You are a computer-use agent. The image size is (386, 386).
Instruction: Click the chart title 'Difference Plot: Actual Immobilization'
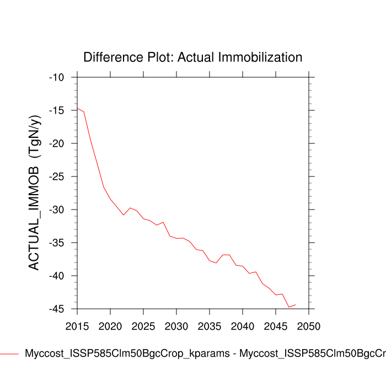point(192,57)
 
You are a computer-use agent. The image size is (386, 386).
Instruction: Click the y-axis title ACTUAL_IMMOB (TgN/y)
point(34,193)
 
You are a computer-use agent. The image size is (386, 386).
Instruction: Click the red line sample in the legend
point(9,353)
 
